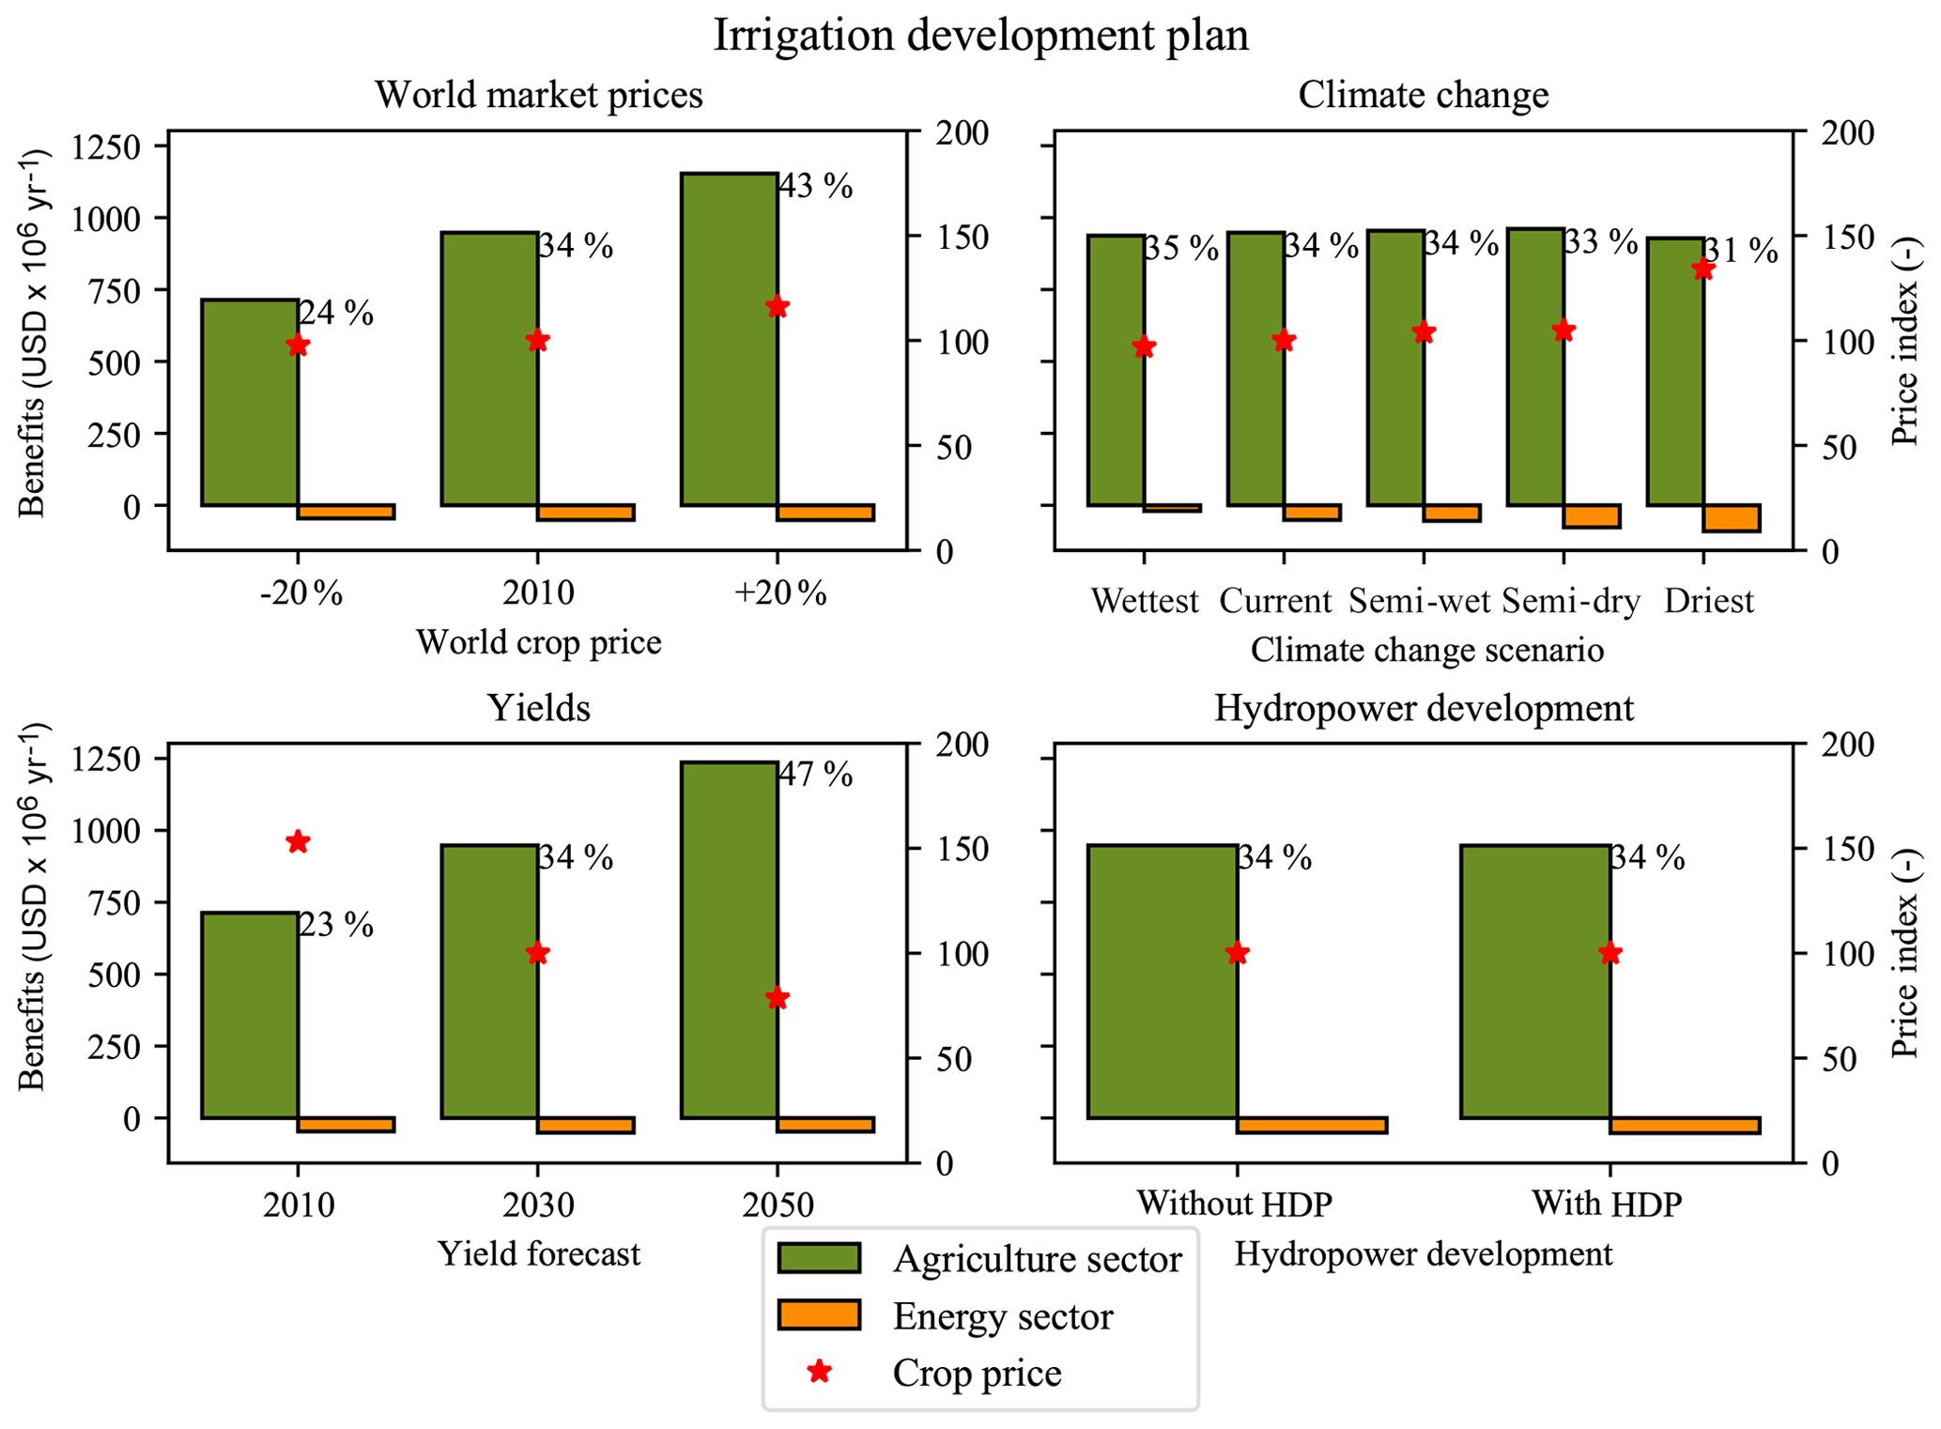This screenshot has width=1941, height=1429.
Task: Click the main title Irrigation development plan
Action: [980, 36]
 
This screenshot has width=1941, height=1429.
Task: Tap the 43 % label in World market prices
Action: [816, 187]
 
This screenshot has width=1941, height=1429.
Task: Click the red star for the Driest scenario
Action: [1703, 270]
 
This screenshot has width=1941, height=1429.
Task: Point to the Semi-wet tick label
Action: [1419, 601]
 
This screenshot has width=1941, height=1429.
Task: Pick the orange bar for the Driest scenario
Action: [1732, 517]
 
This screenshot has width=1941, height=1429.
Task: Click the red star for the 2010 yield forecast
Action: [299, 842]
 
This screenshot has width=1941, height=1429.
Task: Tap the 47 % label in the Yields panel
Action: [816, 775]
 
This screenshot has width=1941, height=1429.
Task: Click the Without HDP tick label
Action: [1234, 1204]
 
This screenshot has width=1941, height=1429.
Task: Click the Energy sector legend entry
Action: [1002, 1316]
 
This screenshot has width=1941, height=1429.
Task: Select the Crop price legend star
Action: [820, 1372]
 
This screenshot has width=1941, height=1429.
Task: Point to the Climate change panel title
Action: [1423, 95]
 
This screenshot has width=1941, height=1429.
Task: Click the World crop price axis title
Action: [538, 642]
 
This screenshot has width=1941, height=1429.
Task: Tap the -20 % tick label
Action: [300, 593]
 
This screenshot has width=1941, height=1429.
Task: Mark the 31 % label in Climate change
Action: [1740, 251]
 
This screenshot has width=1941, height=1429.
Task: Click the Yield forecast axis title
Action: [538, 1254]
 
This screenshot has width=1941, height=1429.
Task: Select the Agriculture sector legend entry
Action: [1037, 1259]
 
